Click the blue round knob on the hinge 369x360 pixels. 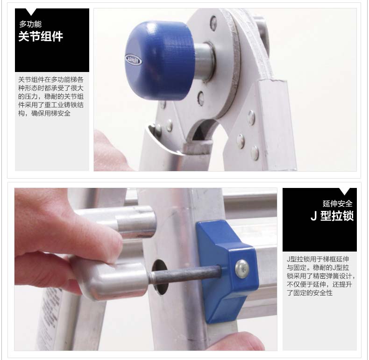(158, 61)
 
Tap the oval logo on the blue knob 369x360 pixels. (133, 60)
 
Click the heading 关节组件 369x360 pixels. (41, 36)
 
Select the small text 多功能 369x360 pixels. (30, 24)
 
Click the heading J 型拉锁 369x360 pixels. (332, 216)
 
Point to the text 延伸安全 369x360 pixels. (337, 203)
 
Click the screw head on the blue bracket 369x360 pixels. (242, 269)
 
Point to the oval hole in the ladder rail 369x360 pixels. (161, 277)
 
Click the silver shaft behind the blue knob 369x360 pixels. (204, 62)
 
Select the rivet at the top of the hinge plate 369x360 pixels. (213, 22)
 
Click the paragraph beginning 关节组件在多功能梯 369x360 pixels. (51, 96)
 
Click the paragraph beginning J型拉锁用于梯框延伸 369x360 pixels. (320, 276)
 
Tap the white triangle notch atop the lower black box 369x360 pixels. (345, 191)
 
